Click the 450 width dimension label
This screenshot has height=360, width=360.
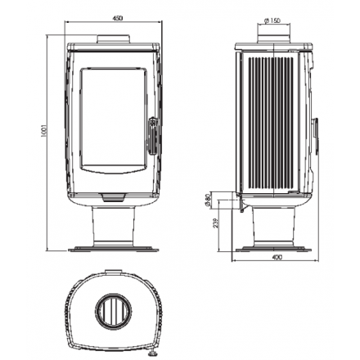[x=118, y=18]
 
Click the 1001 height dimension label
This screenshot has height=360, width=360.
[x=45, y=131]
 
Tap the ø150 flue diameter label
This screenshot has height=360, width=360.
[x=272, y=20]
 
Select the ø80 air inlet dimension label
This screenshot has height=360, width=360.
[x=208, y=200]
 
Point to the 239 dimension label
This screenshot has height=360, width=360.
[x=214, y=223]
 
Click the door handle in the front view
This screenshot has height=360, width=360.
[x=153, y=137]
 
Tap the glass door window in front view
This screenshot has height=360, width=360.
[x=113, y=120]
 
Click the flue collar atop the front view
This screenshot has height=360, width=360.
[x=114, y=39]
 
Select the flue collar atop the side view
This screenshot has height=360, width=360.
[x=273, y=39]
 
